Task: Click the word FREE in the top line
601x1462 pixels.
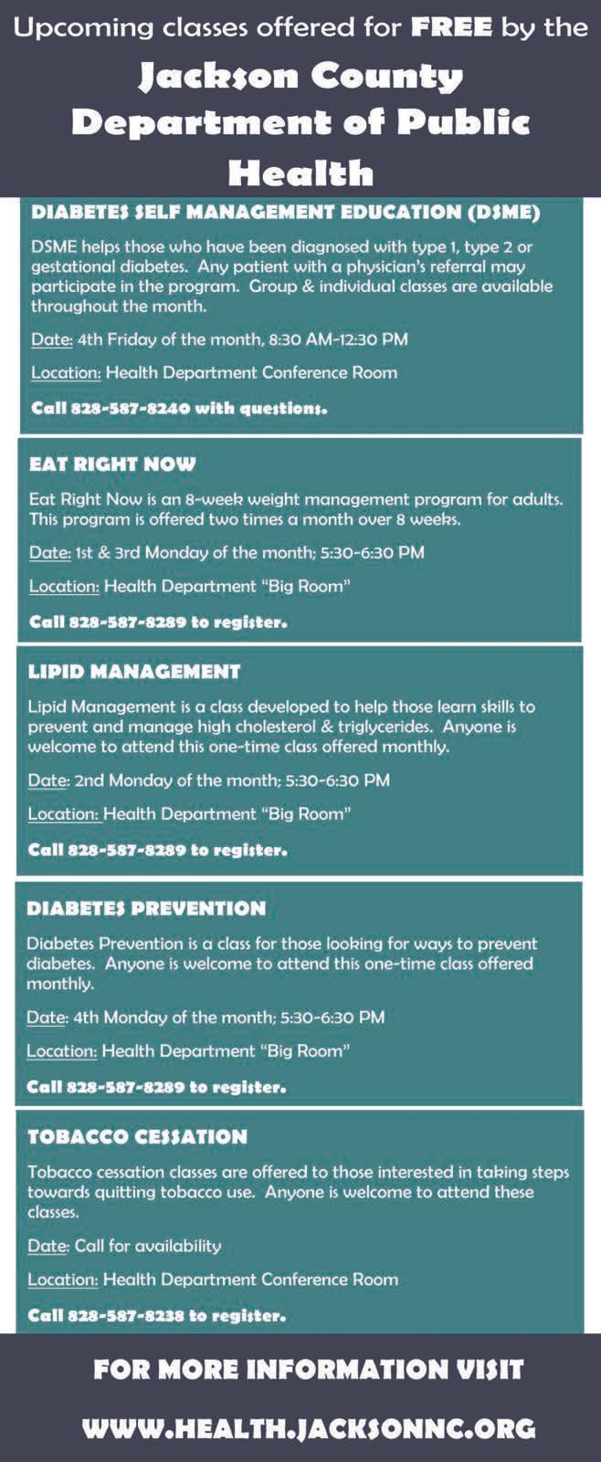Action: click(452, 27)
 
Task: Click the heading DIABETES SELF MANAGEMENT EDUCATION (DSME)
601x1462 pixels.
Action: click(286, 213)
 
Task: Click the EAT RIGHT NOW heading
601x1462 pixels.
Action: click(112, 464)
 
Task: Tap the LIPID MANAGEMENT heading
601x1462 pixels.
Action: click(134, 672)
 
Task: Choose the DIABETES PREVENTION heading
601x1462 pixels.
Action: click(146, 908)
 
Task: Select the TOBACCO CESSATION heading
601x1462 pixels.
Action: click(137, 1136)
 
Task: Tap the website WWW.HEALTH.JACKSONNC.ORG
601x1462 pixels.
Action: click(309, 1428)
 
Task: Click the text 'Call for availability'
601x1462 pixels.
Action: click(148, 1246)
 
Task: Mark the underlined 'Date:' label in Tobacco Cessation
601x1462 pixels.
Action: click(47, 1246)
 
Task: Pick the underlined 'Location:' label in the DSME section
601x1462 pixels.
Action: click(66, 372)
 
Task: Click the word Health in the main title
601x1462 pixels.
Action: click(300, 172)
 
